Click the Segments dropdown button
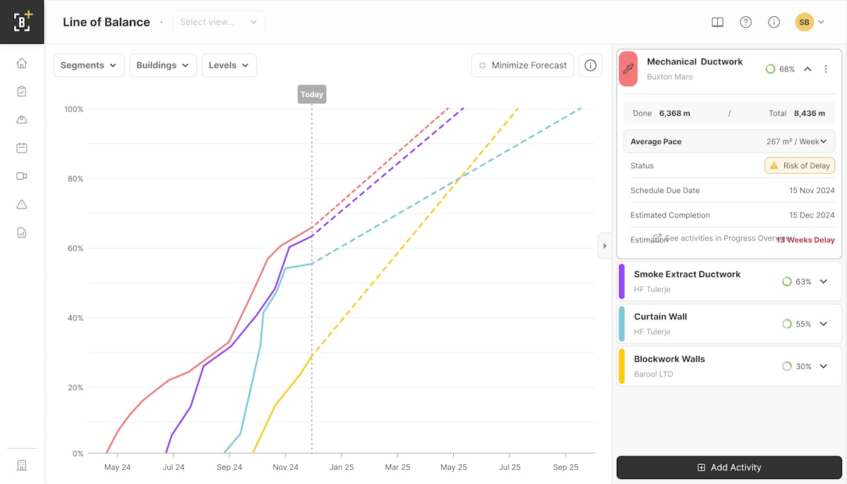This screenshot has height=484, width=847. click(89, 65)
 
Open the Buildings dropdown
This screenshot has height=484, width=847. click(162, 65)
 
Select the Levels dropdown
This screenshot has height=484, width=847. click(229, 65)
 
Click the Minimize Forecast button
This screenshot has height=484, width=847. click(522, 65)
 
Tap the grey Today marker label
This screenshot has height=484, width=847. click(311, 94)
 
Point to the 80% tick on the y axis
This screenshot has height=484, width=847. click(73, 179)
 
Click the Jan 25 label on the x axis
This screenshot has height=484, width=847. click(341, 467)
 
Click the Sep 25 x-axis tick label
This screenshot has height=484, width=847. click(565, 467)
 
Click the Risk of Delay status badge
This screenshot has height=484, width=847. click(800, 165)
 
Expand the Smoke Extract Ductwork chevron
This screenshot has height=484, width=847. click(823, 281)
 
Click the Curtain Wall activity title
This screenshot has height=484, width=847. click(660, 317)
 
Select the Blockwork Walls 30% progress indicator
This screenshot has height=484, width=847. click(796, 366)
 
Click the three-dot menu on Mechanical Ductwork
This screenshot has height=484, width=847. click(826, 69)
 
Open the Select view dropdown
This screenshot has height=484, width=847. click(219, 22)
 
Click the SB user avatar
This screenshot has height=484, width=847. click(804, 22)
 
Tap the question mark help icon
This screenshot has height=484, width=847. click(745, 22)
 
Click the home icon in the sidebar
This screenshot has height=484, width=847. click(22, 63)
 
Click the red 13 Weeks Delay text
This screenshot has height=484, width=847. click(805, 240)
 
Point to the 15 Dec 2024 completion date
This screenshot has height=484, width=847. click(812, 215)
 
